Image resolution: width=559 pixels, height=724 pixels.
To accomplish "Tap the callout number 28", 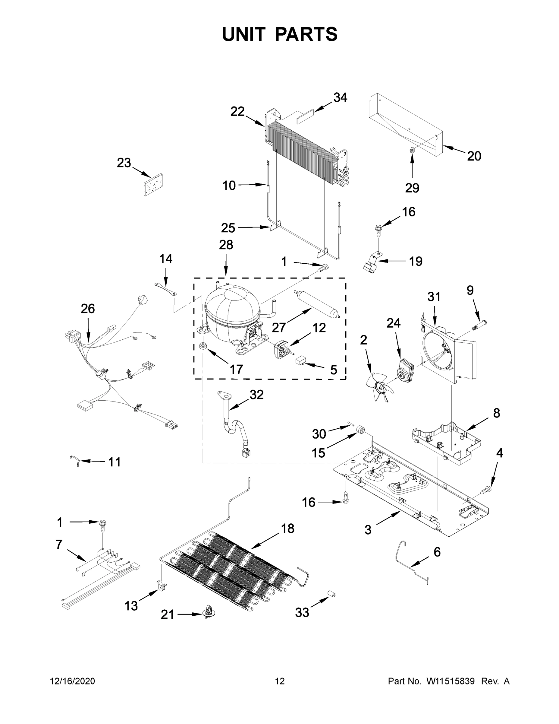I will point(226,245).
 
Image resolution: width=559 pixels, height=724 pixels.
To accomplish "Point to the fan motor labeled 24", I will point(406,368).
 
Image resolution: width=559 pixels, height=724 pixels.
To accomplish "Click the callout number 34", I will point(340,97).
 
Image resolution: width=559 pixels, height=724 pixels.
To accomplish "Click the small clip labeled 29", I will point(412,150).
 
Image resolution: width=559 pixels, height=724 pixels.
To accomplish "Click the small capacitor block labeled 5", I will point(301,360).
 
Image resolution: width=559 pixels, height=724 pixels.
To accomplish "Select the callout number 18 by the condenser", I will point(287,529).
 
